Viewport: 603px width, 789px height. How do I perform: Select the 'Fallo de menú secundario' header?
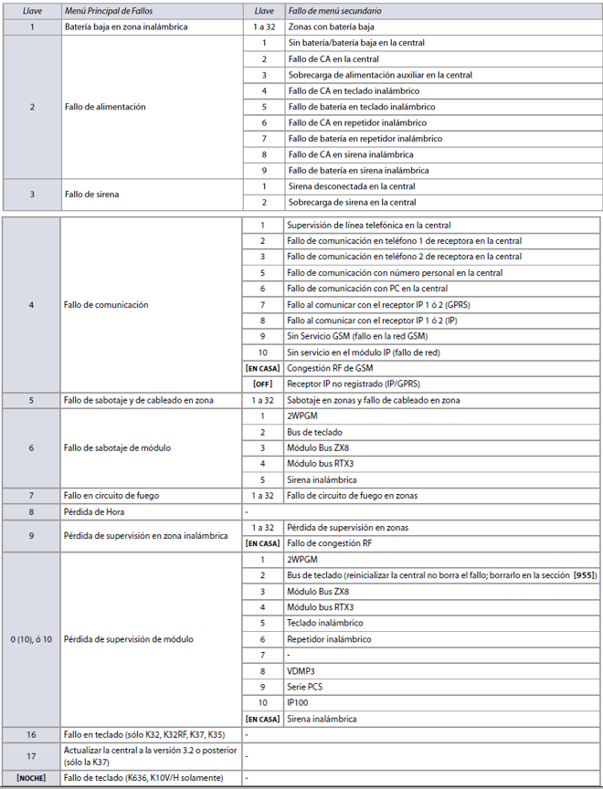pos(335,11)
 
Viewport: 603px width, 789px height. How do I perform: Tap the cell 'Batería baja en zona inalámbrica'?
pos(126,27)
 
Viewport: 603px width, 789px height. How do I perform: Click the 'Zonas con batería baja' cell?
pos(331,27)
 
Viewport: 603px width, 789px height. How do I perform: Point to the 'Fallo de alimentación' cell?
pos(105,107)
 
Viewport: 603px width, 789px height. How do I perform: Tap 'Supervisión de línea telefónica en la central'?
pos(368,225)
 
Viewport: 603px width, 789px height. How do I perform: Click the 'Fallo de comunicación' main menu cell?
pos(106,304)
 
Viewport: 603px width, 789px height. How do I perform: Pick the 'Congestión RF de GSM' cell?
pos(330,368)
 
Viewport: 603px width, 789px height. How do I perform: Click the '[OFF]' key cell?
pos(262,384)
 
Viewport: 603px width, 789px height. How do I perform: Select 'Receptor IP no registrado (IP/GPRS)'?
pos(354,384)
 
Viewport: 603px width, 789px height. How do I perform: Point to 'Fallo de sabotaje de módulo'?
pos(119,447)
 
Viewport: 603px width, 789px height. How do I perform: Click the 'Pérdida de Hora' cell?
pos(95,511)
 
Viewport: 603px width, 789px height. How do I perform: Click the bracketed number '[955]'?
pos(581,575)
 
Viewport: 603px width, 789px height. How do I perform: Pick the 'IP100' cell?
pos(297,702)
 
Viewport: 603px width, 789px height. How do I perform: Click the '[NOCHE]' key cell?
pos(32,777)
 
